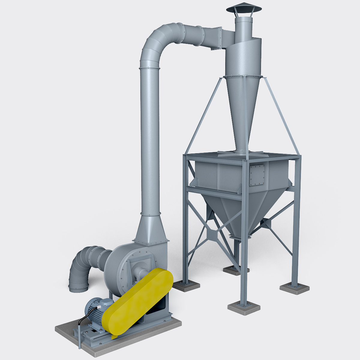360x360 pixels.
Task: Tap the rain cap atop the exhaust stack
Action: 244,8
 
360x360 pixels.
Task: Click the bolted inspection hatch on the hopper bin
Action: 257,175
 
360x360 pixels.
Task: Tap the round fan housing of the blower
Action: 120,264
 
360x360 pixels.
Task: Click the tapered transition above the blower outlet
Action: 150,228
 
